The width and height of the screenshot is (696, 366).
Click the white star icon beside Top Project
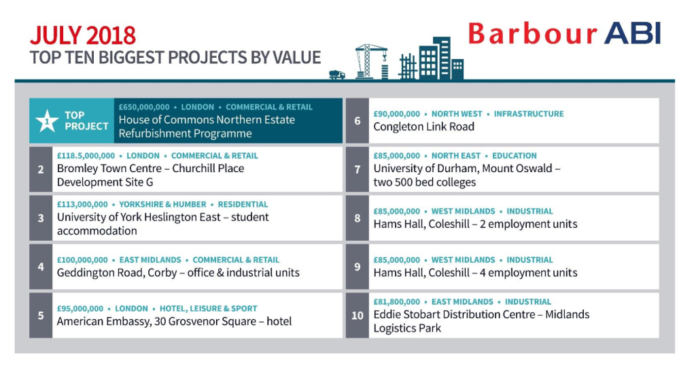47,121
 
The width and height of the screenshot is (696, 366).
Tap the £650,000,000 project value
144,107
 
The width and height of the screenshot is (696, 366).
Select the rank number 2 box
41,169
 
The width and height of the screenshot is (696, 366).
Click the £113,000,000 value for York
82,204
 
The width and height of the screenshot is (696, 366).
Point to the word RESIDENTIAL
243,204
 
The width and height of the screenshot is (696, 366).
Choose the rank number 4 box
41,267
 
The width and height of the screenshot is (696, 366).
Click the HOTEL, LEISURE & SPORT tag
208,309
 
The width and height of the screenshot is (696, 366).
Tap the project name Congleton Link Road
424,127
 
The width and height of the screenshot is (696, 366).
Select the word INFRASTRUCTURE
529,114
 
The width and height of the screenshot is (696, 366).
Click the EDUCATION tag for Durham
515,156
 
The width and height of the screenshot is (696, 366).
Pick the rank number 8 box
358,218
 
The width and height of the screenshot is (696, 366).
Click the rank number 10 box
358,316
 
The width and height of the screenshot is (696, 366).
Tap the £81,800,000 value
396,302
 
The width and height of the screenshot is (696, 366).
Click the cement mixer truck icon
337,75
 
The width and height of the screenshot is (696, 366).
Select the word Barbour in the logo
533,34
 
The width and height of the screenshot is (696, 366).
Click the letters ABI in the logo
632,33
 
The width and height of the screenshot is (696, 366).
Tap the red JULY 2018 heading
82,35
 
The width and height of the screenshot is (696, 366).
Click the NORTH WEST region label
457,114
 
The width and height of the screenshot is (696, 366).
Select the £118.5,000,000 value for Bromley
86,156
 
